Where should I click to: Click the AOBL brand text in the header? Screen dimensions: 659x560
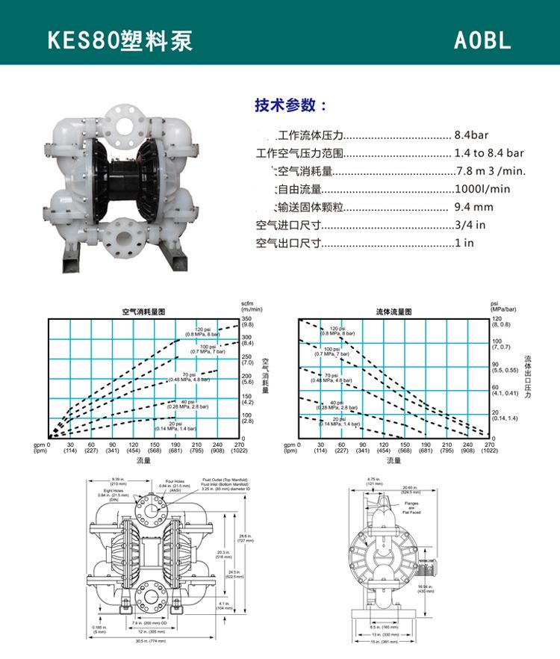tap(482, 40)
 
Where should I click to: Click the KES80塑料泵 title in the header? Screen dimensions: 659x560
tap(120, 40)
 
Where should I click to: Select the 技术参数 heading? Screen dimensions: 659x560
tap(290, 105)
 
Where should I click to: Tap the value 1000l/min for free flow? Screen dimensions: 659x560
tap(482, 189)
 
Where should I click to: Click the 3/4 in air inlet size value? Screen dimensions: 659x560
tap(470, 225)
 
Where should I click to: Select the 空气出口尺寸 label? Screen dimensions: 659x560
tap(288, 243)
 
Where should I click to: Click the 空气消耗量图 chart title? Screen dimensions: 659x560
tap(143, 310)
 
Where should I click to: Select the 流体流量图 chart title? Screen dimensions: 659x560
tap(393, 311)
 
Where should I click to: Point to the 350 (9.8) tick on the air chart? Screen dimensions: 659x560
tap(247, 322)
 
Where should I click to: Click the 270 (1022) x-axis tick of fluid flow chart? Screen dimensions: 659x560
tap(490, 448)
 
